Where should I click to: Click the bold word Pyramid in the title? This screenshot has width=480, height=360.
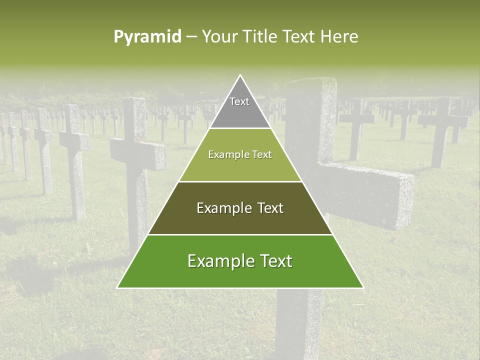pyautogui.click(x=147, y=36)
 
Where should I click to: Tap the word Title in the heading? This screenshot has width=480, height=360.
pyautogui.click(x=258, y=36)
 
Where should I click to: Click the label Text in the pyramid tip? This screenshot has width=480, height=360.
pyautogui.click(x=239, y=101)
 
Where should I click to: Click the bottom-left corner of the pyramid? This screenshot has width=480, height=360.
pyautogui.click(x=118, y=287)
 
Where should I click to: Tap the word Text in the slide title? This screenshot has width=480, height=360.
pyautogui.click(x=298, y=36)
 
